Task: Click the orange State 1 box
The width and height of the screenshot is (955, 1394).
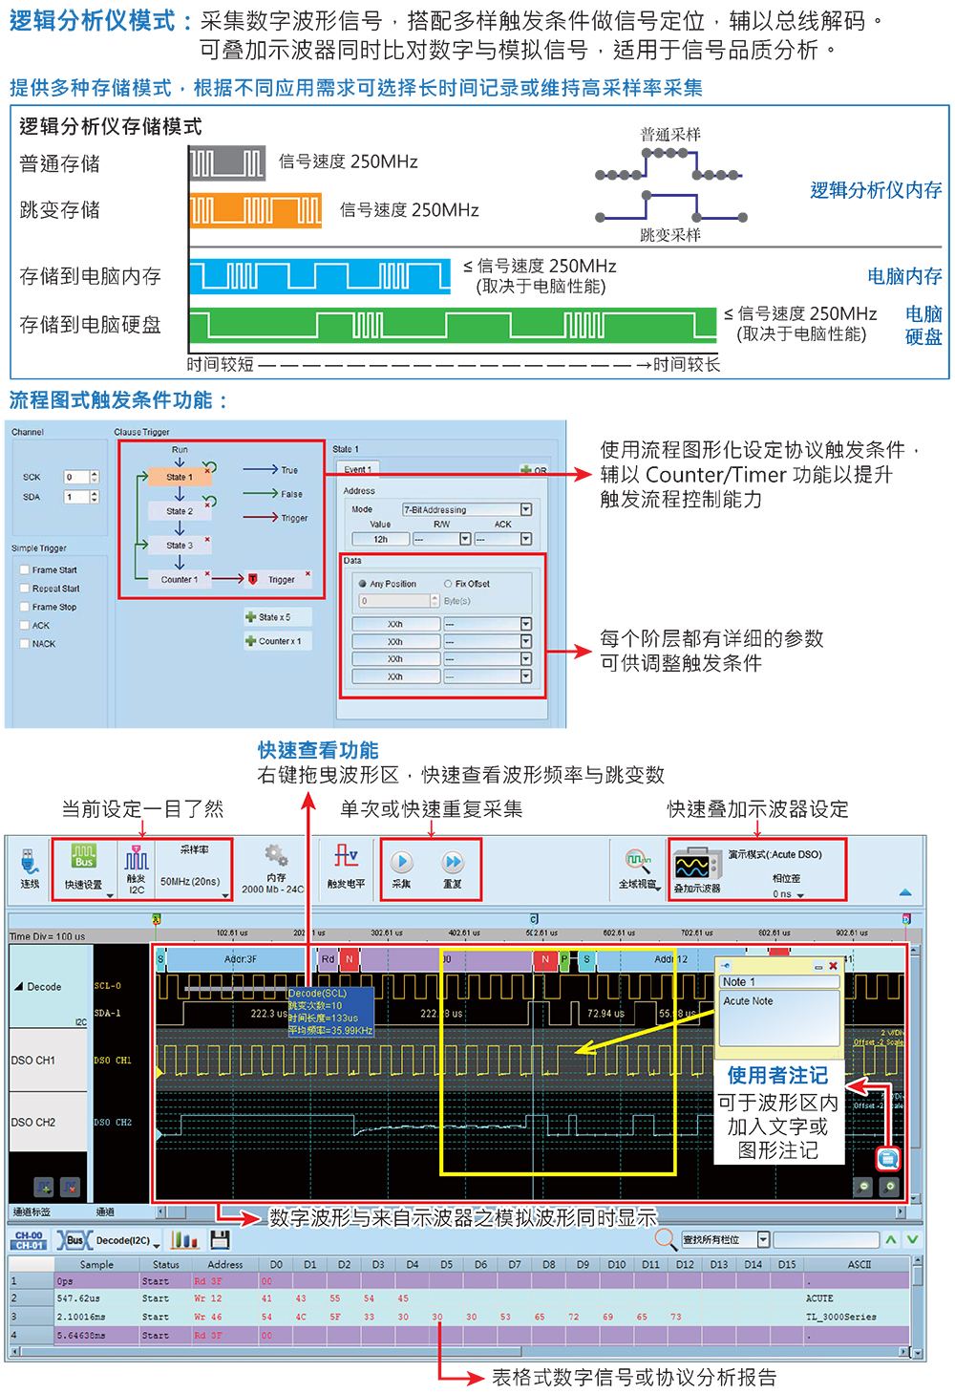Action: [179, 477]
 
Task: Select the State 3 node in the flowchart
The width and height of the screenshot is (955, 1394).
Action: [179, 546]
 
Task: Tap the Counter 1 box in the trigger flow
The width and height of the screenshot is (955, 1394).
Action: [179, 579]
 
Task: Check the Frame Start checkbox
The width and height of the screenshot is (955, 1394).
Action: [25, 570]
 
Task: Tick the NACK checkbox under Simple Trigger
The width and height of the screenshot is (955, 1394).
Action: [25, 644]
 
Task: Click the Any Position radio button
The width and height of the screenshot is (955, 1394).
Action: [363, 584]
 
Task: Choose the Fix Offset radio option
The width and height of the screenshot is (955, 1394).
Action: [448, 584]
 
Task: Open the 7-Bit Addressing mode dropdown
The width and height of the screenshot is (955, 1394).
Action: [525, 509]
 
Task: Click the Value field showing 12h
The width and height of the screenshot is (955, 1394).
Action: [381, 539]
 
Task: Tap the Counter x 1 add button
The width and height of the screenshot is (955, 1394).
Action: [274, 641]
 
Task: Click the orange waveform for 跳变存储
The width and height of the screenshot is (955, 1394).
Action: [255, 210]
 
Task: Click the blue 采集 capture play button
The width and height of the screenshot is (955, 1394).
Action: [402, 863]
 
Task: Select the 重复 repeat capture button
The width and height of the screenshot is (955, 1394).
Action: [453, 863]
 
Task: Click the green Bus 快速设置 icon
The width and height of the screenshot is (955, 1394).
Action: [84, 857]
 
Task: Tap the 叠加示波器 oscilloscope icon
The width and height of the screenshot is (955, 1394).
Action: [692, 867]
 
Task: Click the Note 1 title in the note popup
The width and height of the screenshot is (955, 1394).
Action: [739, 982]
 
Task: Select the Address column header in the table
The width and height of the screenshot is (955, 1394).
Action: [224, 1264]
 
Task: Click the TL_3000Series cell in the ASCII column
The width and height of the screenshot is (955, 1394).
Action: [840, 1317]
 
